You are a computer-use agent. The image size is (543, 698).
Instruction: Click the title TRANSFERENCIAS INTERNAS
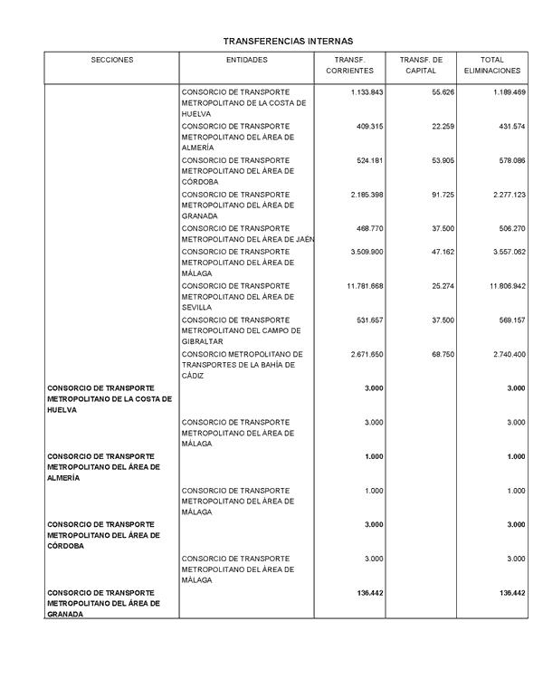click(288, 41)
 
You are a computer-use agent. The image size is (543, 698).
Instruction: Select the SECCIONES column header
click(111, 60)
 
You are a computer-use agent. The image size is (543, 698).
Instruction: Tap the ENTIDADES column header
click(246, 60)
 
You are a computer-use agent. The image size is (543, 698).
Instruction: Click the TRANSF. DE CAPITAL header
click(421, 64)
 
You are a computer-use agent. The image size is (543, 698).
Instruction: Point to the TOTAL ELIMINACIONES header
click(492, 64)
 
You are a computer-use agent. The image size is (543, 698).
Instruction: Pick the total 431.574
click(507, 126)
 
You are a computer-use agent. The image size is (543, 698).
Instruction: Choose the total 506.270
click(507, 228)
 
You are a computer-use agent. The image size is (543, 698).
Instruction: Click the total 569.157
click(507, 320)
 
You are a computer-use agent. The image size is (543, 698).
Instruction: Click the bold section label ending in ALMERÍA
click(103, 467)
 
